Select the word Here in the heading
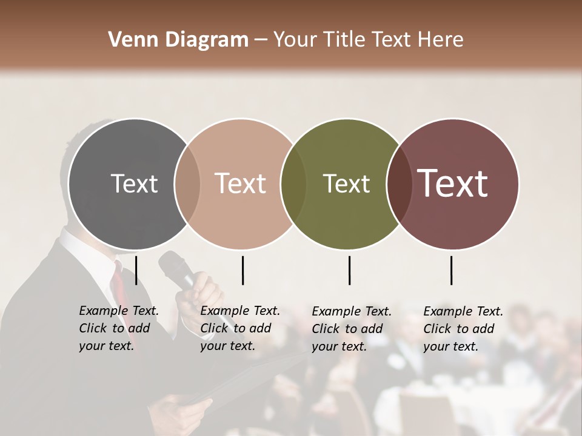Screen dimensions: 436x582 (441, 40)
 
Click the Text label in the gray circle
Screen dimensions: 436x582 (134, 183)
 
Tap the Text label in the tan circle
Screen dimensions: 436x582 (240, 183)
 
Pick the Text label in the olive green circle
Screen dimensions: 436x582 (346, 183)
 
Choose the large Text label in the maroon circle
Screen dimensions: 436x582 (453, 183)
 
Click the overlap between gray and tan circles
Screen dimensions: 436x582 (187, 183)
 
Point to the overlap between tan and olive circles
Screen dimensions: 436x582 (293, 183)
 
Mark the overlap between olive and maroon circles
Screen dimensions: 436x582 (399, 183)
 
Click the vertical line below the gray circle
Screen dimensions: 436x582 (136, 270)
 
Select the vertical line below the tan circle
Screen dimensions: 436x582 (242, 270)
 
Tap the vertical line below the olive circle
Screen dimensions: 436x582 (349, 270)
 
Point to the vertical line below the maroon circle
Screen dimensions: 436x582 (452, 270)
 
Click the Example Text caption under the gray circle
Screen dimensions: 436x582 (118, 328)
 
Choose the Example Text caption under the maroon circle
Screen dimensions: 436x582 (463, 329)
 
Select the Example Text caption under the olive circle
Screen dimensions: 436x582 (351, 329)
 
